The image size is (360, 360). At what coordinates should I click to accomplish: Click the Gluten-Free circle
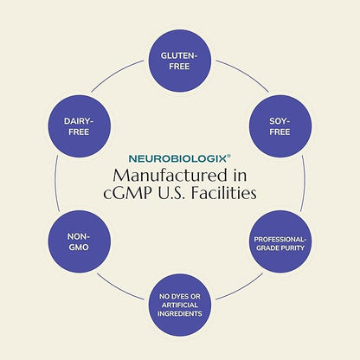click(x=180, y=61)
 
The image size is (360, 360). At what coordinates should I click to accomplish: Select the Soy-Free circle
click(x=280, y=126)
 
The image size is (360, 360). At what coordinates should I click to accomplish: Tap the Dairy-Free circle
click(x=80, y=126)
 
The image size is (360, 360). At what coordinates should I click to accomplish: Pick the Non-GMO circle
click(x=80, y=241)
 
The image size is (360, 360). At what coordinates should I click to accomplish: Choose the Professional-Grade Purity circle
click(x=280, y=241)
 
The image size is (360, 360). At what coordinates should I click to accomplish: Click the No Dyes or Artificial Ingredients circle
click(x=180, y=305)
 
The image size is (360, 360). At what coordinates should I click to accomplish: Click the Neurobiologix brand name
click(x=177, y=158)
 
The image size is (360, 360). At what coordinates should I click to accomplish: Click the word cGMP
click(x=127, y=193)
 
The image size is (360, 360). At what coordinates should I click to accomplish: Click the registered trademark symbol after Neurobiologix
click(x=228, y=156)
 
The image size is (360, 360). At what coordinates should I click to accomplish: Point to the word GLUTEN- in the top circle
click(x=179, y=55)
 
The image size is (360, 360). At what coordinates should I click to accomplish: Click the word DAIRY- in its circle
click(x=79, y=121)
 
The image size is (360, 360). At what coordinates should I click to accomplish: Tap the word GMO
click(x=79, y=247)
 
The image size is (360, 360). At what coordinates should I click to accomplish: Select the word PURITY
click(x=292, y=247)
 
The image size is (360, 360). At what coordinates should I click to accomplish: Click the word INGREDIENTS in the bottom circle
click(x=180, y=313)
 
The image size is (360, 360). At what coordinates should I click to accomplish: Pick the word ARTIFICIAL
click(x=180, y=305)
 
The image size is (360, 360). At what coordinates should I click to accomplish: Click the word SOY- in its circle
click(x=280, y=121)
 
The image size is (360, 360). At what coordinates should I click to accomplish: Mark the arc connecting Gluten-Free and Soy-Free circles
click(x=244, y=74)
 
